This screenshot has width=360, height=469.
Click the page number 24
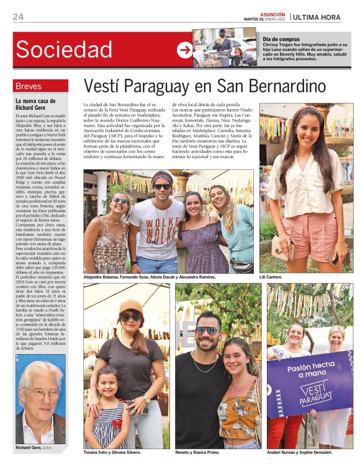[18, 17]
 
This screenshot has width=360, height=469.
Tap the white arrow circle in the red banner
[184, 50]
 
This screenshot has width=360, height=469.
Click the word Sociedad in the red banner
[64, 49]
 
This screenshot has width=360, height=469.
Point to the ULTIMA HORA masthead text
[317, 17]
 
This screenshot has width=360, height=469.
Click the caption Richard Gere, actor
[34, 446]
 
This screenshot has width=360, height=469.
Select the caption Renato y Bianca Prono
[197, 452]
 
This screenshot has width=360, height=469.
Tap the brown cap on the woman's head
[130, 306]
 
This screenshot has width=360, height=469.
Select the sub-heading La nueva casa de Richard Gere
[35, 104]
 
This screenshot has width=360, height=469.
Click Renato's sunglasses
[206, 331]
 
